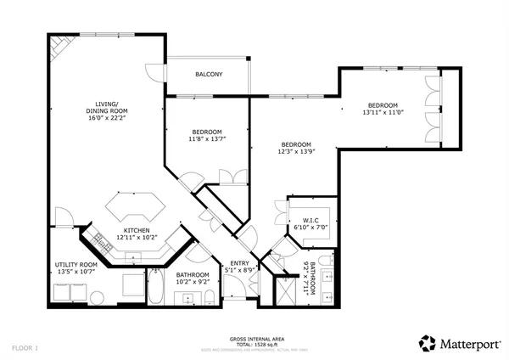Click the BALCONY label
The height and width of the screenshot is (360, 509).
pos(209,75)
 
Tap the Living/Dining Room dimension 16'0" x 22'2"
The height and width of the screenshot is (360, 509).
pos(107,119)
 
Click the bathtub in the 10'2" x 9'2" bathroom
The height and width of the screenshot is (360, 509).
pos(157,288)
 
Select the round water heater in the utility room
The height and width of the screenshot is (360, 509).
pos(97,297)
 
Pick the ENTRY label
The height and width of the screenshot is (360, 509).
pos(241,265)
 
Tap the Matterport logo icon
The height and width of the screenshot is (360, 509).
pos(428,343)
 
